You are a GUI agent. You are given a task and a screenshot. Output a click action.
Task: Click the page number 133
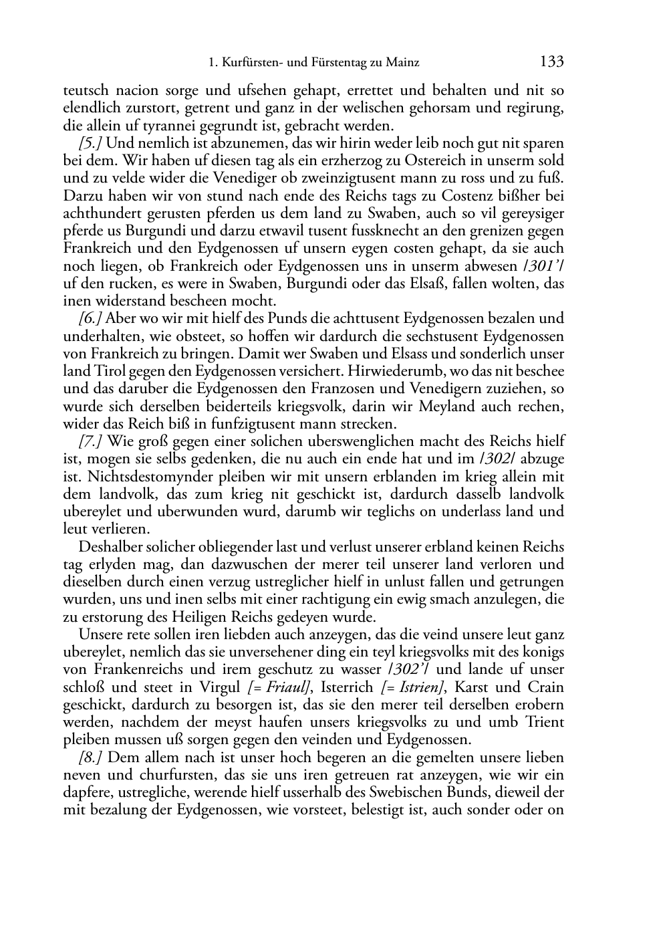[x=551, y=63]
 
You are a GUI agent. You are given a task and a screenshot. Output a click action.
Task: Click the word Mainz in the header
[x=403, y=64]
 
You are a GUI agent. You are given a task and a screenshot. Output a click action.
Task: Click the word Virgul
[x=223, y=687]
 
